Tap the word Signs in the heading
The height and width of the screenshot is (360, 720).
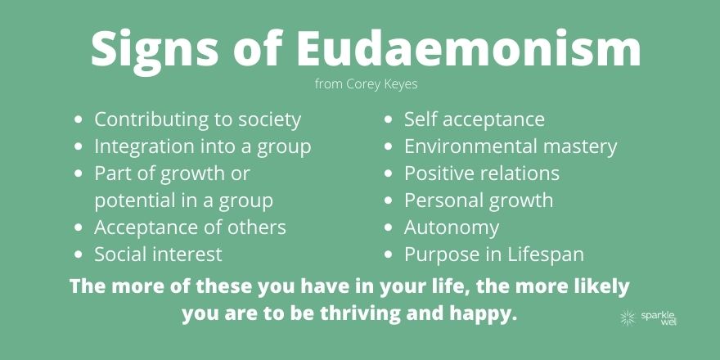(155, 52)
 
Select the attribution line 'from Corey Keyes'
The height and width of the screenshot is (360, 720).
(366, 84)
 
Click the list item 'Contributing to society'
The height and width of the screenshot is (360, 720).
(197, 119)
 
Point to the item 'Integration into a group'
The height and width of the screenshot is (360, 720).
(203, 146)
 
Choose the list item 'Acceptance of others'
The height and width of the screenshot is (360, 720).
(190, 227)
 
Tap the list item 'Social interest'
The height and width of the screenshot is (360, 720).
(158, 254)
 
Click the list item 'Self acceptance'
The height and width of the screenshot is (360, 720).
(475, 119)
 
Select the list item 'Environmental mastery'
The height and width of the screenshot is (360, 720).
(511, 146)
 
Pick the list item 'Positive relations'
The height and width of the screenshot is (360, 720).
(482, 173)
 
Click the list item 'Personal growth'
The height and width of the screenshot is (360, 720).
(479, 200)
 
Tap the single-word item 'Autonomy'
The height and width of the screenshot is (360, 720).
(452, 227)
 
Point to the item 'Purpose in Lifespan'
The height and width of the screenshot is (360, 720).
(494, 254)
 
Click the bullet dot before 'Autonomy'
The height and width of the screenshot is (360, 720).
(389, 227)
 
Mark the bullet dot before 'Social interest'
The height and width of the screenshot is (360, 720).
(79, 254)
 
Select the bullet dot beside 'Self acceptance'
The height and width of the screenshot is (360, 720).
(389, 119)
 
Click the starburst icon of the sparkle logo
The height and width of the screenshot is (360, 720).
(628, 317)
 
